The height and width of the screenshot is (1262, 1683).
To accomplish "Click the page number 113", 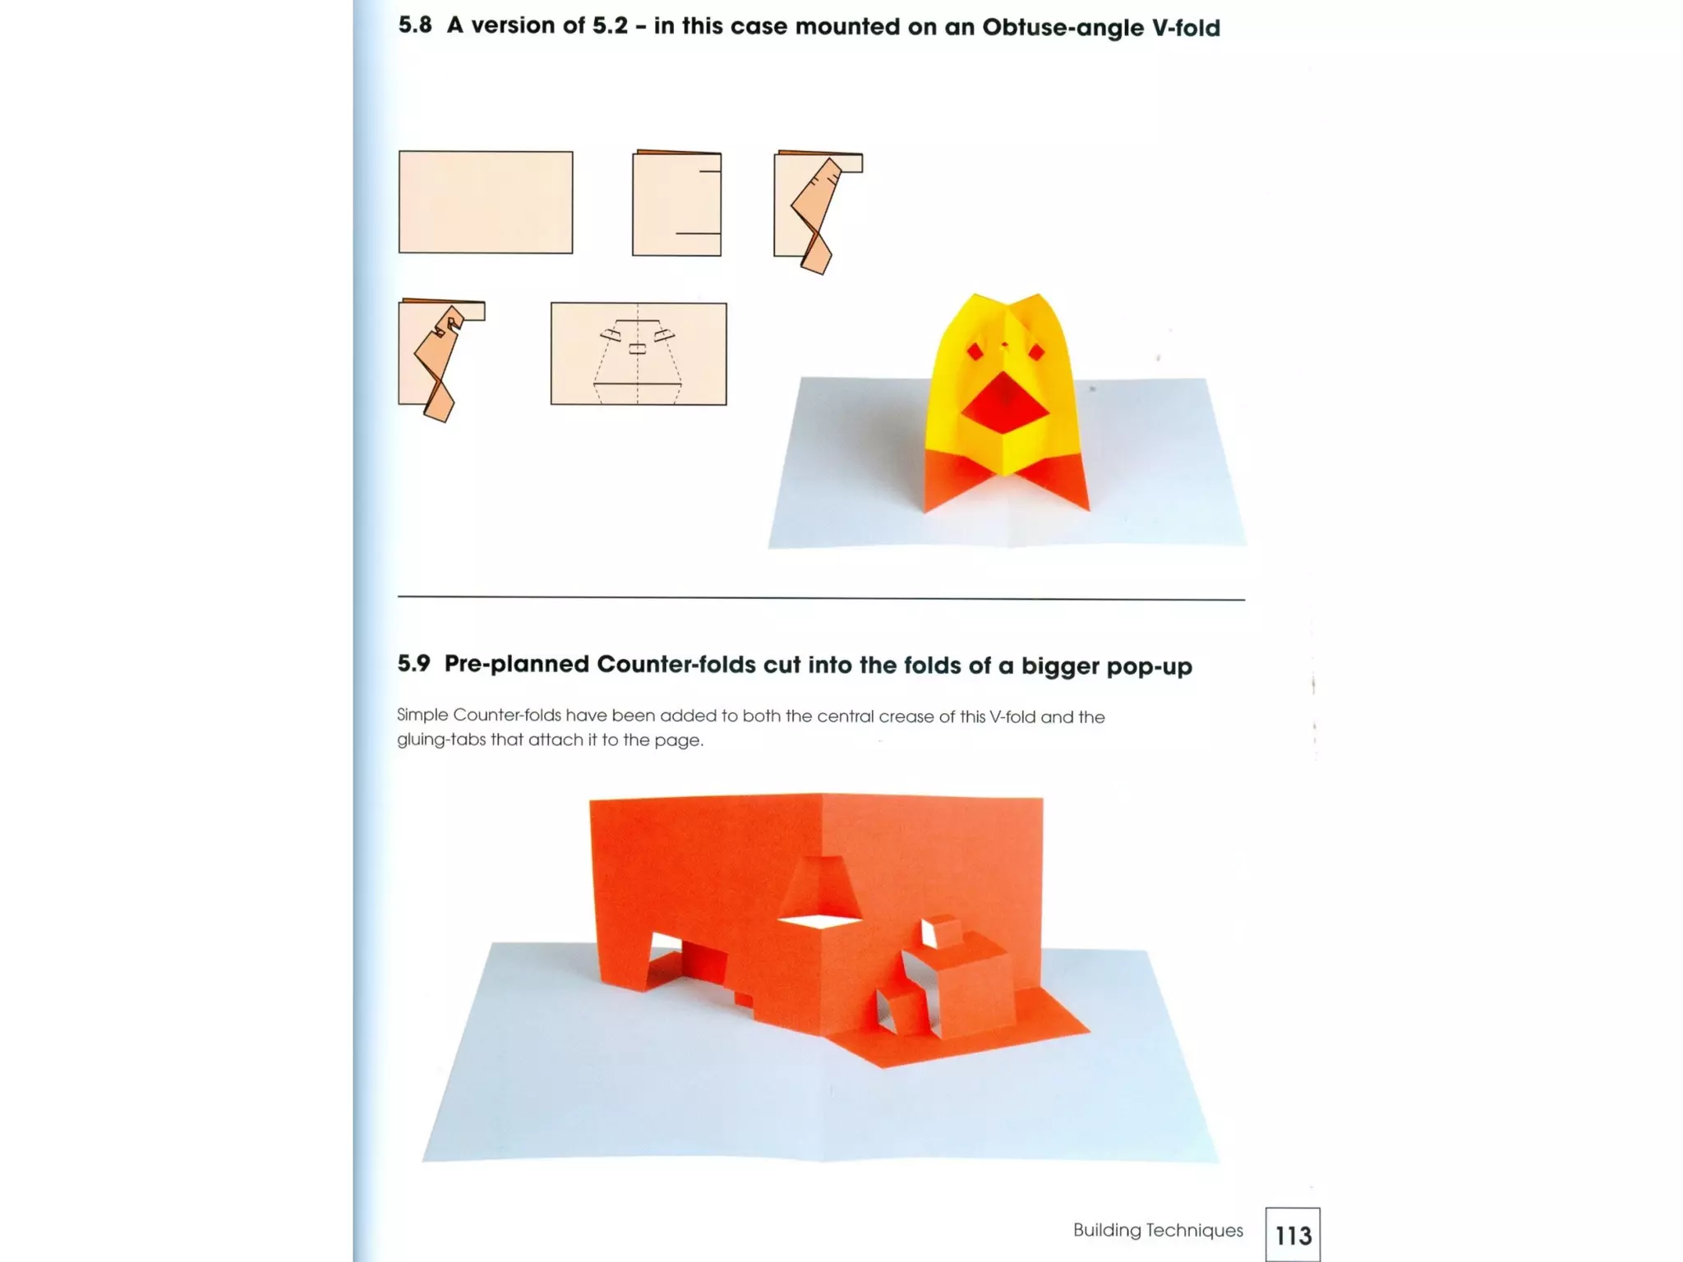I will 1293,1235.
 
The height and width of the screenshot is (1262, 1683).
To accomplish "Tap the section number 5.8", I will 415,25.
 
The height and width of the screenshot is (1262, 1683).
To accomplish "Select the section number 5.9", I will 413,664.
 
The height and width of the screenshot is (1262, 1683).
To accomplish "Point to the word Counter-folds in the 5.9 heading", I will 676,665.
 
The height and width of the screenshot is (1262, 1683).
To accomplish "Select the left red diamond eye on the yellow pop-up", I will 975,352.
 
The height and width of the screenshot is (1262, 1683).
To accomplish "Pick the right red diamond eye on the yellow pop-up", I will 1036,352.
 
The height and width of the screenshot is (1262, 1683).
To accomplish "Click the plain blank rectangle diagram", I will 486,202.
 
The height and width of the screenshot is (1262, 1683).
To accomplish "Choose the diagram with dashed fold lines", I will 639,354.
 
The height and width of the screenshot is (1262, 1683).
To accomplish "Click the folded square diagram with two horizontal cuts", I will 676,204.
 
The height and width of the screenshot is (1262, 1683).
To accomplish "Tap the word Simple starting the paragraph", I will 422,716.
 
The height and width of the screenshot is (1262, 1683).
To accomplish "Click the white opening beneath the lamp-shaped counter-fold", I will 820,922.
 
